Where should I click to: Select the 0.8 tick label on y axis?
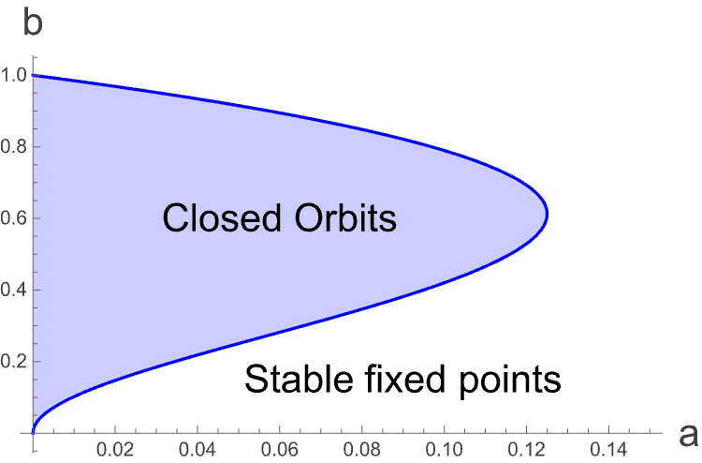[14, 146]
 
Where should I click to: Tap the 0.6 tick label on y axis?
[14, 218]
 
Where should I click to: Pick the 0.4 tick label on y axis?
[14, 290]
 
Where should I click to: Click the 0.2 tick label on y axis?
[14, 362]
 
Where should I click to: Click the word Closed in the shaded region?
[221, 220]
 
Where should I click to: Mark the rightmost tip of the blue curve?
[547, 215]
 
